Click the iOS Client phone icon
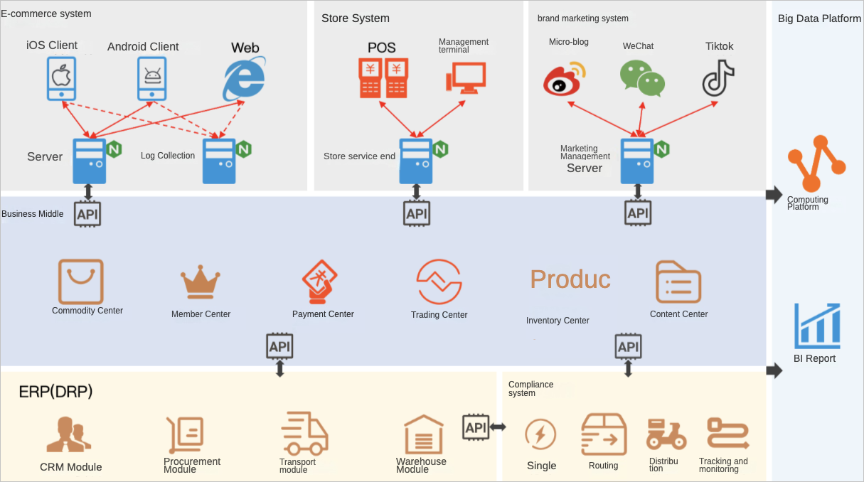62,78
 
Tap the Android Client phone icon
151,78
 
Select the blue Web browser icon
244,79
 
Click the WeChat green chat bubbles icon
641,78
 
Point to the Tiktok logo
718,77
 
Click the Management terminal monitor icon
466,77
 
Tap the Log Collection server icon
219,161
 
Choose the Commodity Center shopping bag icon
80,282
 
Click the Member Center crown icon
201,283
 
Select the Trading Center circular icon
439,282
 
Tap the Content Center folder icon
678,282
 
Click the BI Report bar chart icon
817,326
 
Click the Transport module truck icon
304,433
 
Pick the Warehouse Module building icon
423,434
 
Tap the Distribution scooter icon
666,434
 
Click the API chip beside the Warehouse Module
476,427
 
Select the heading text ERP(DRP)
56,392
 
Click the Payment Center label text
323,314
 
